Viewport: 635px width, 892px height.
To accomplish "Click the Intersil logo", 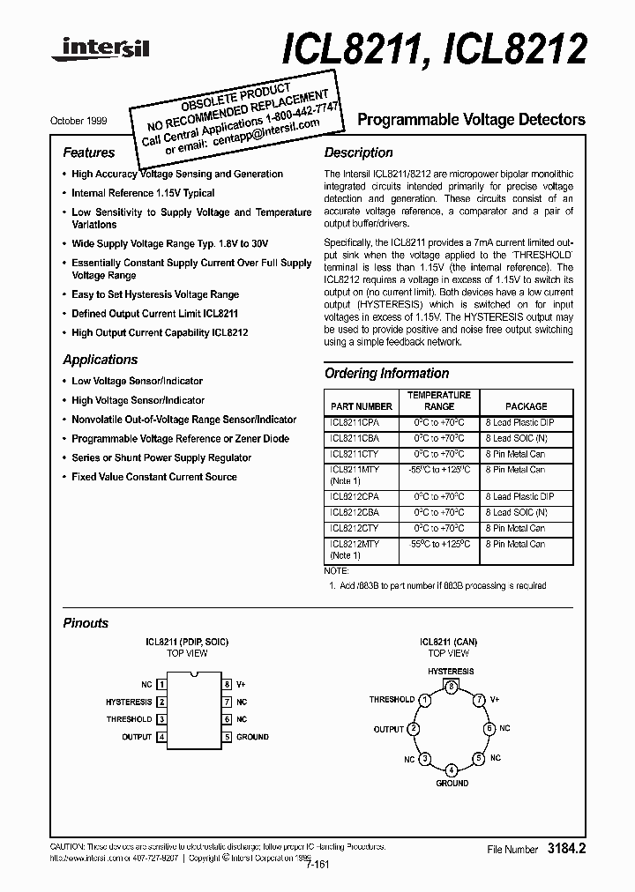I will pos(100,50).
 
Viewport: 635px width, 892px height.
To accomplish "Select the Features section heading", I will pos(88,152).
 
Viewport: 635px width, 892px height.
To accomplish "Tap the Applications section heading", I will pos(100,360).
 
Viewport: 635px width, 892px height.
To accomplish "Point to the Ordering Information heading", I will pos(386,374).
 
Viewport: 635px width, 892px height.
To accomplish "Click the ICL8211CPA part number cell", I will pos(355,423).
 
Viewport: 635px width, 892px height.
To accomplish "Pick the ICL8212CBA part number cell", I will pos(355,512).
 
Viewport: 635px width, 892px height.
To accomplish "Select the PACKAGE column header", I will pos(526,406).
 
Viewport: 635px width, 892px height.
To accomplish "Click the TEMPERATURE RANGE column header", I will pos(439,401).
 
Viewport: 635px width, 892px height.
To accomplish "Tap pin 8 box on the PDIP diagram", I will pos(227,684).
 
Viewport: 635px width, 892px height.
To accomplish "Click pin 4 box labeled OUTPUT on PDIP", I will pos(161,737).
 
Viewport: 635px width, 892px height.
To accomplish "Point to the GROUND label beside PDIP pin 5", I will pos(252,737).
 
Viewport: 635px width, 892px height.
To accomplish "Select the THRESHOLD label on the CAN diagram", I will pos(392,699).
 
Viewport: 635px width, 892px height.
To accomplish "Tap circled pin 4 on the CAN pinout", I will pos(451,769).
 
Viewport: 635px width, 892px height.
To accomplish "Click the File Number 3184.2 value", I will pos(567,849).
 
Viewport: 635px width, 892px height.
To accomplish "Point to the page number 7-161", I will pos(317,865).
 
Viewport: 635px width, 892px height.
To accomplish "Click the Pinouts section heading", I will pos(86,623).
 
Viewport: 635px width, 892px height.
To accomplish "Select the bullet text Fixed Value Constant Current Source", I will pos(153,477).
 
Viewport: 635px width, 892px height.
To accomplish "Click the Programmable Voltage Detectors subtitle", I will pos(470,120).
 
